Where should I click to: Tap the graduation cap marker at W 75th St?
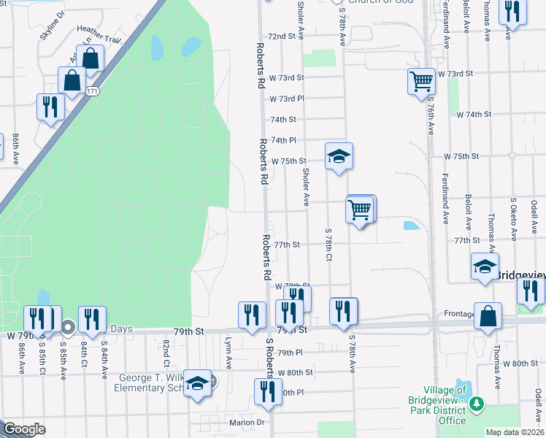tap(339, 156)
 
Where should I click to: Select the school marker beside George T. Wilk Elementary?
tap(197, 383)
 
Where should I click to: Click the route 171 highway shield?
tap(91, 91)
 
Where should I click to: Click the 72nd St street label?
tap(285, 36)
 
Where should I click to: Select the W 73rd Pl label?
tap(286, 99)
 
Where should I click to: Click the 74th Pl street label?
tap(283, 140)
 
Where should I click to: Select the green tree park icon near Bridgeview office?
tap(477, 403)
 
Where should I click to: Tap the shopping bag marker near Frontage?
tap(488, 316)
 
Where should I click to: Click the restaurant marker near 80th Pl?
tap(268, 392)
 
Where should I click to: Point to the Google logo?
tap(24, 429)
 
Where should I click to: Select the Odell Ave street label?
tap(537, 402)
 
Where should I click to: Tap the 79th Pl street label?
tap(290, 353)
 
